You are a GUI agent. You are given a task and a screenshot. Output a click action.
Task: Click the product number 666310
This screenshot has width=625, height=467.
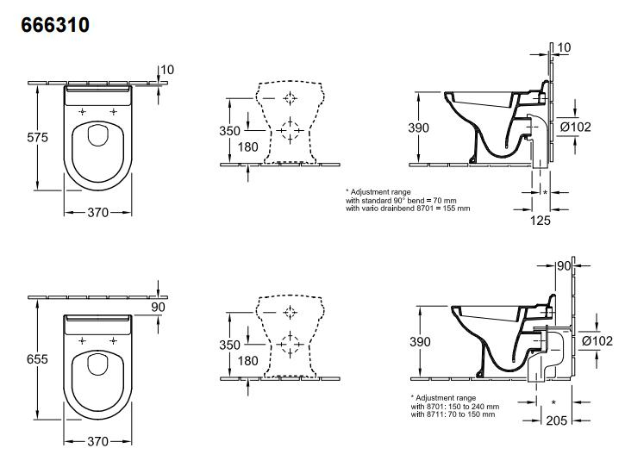click(x=55, y=25)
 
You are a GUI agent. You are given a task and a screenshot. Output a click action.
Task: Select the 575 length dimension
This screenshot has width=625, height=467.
click(x=37, y=138)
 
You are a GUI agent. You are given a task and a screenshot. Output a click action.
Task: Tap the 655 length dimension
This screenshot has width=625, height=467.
click(x=37, y=359)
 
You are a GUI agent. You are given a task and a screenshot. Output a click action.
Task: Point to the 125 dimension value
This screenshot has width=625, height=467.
click(x=541, y=221)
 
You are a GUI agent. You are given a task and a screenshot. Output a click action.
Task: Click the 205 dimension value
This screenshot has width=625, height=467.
click(x=556, y=420)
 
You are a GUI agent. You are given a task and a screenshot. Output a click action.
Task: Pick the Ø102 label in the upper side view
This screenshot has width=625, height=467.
click(x=575, y=128)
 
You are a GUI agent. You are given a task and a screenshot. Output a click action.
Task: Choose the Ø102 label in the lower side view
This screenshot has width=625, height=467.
click(x=597, y=341)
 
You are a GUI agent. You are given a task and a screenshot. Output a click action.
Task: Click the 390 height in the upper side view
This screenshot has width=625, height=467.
click(x=418, y=128)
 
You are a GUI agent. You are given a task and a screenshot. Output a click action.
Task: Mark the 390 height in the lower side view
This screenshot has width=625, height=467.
click(x=420, y=342)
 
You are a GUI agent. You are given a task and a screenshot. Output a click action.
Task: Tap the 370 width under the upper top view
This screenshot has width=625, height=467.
click(x=98, y=212)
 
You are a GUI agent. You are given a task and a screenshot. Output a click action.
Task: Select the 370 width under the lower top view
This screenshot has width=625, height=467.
click(x=98, y=441)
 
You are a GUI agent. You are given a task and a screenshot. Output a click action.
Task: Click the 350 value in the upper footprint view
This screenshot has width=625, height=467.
click(x=229, y=131)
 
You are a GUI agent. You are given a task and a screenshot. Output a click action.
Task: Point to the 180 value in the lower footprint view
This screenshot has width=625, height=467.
click(x=248, y=361)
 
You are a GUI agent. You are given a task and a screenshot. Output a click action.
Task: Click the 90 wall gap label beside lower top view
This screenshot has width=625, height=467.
click(x=159, y=308)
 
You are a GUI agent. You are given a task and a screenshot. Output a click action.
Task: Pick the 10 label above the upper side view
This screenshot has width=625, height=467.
click(x=564, y=47)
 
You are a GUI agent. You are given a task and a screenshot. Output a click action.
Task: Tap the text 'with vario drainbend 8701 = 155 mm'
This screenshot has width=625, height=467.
click(x=408, y=209)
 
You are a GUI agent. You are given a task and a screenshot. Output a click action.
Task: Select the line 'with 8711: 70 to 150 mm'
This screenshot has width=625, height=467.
click(x=453, y=414)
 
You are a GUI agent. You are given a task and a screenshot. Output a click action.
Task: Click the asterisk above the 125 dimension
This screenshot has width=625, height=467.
click(x=546, y=193)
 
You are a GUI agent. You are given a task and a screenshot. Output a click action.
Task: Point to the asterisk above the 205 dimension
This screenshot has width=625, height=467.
click(x=553, y=403)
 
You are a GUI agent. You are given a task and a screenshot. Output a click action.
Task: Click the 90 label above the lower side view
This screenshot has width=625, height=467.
click(x=564, y=265)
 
